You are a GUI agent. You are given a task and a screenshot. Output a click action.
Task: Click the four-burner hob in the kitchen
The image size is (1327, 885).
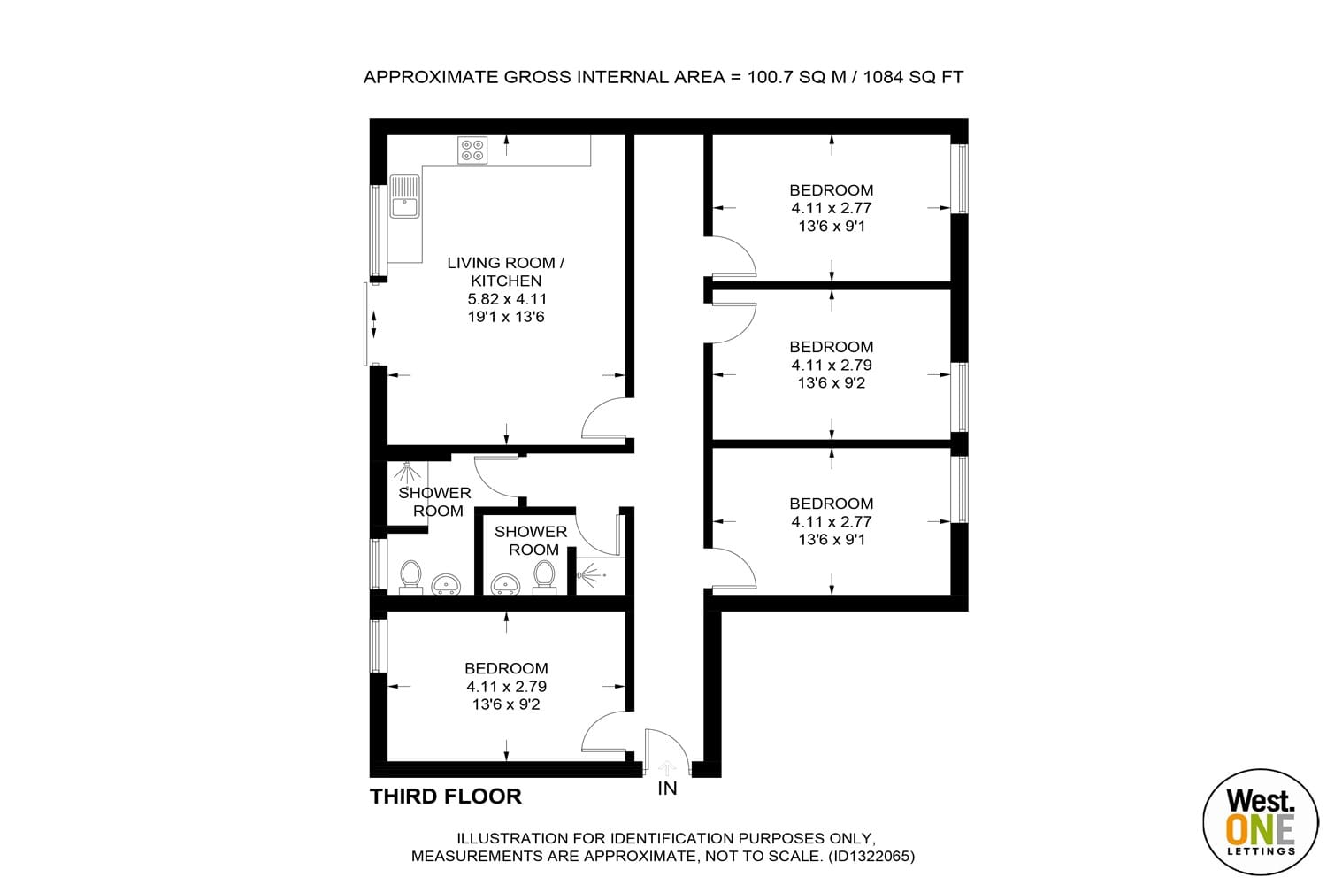(x=472, y=150)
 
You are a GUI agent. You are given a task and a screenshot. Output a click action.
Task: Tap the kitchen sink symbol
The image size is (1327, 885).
(x=404, y=196)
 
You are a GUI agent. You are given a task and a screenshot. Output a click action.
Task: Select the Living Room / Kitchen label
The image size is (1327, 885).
(x=506, y=272)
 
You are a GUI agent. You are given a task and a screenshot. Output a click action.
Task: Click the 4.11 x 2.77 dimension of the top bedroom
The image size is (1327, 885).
(x=832, y=208)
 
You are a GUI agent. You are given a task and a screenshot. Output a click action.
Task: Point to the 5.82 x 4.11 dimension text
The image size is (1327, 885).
(x=506, y=299)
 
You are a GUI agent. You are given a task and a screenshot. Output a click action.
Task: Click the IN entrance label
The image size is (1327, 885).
(x=667, y=789)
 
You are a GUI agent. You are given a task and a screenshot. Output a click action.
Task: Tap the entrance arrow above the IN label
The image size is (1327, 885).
(x=667, y=768)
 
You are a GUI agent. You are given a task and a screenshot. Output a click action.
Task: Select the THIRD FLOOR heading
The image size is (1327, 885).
(x=446, y=796)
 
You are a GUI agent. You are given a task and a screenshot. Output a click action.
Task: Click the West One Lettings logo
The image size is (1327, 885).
(x=1260, y=821)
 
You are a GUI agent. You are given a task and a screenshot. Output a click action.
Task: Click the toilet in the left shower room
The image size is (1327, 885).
(x=410, y=577)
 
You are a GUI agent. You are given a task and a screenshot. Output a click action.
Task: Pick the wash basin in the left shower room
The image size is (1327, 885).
(x=446, y=583)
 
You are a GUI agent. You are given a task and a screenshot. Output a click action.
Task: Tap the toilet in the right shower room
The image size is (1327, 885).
(x=544, y=577)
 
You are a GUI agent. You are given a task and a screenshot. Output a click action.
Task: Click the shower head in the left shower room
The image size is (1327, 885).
(x=406, y=473)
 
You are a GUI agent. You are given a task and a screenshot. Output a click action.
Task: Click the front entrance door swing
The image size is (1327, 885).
(x=667, y=751)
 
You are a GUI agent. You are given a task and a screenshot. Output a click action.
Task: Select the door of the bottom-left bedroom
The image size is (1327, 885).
(x=604, y=735)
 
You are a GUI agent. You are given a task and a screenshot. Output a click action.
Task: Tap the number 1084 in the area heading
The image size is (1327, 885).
(x=884, y=77)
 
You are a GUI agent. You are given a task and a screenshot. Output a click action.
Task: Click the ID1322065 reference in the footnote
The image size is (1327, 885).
(x=871, y=856)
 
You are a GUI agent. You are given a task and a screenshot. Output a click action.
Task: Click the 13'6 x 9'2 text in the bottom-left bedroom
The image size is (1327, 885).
(x=506, y=704)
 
